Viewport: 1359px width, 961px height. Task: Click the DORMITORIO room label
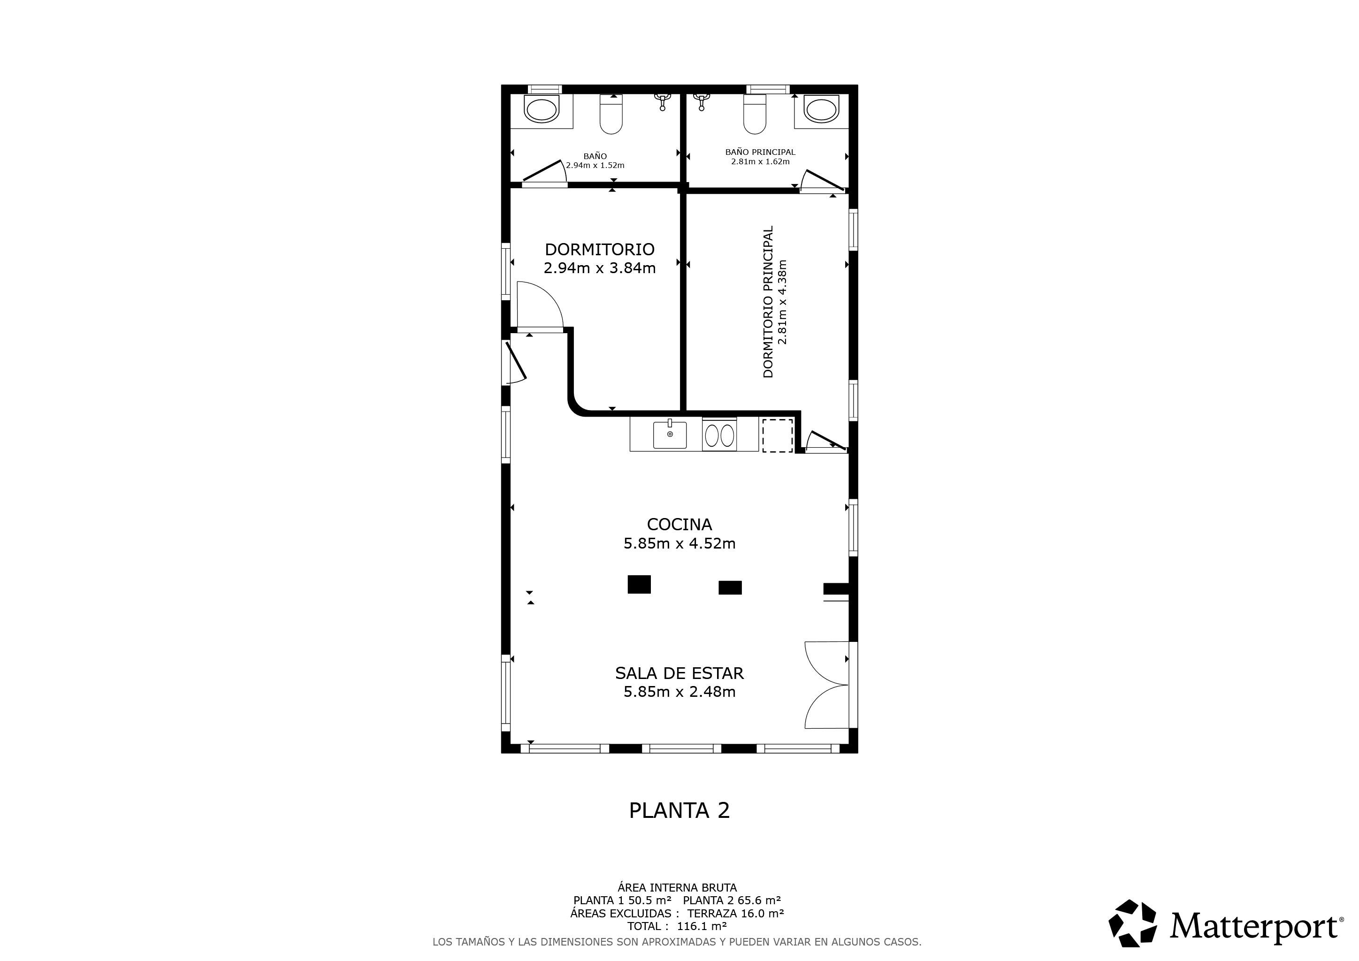600,249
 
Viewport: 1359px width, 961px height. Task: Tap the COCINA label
679,524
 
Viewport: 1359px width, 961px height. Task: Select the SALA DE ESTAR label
679,673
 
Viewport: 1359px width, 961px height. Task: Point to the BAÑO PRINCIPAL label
761,152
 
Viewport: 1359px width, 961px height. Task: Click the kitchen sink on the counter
670,435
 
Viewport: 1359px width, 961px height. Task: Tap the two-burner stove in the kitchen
719,435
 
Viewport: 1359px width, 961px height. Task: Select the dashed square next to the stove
777,435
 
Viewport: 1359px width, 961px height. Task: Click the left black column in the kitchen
639,584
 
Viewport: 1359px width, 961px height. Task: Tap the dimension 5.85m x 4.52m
679,543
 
